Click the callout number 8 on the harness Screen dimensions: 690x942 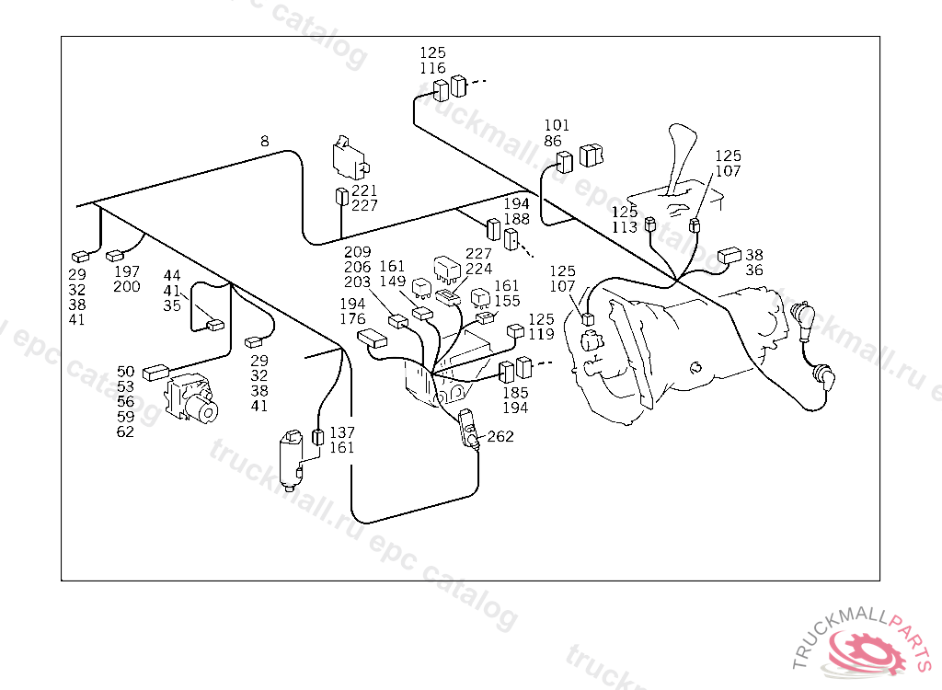[265, 142]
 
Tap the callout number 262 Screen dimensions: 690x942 [500, 437]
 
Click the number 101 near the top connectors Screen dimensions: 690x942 [557, 126]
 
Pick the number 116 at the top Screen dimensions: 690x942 [432, 68]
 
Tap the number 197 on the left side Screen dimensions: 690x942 [127, 272]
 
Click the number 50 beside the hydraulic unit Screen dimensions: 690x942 [126, 372]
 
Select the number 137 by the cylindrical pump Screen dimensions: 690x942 [342, 433]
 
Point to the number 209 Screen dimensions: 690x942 [357, 252]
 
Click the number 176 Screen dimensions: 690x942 [352, 319]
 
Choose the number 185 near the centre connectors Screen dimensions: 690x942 [515, 393]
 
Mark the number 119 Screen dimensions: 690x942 [541, 334]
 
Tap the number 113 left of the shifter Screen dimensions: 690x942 [625, 227]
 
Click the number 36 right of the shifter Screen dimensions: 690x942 [754, 270]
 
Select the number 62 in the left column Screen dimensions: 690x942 [126, 431]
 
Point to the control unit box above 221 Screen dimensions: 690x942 [349, 158]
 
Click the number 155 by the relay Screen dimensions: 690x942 [507, 301]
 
